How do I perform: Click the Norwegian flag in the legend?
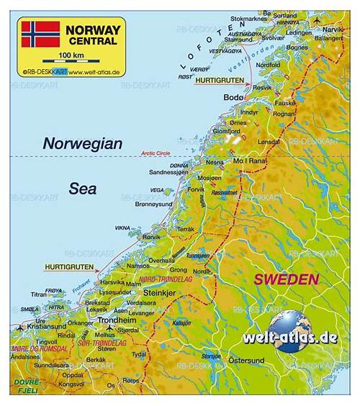[x=40, y=34]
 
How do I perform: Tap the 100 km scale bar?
[x=71, y=62]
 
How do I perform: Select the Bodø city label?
[x=234, y=97]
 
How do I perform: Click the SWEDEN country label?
[x=287, y=279]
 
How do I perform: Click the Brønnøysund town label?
[x=156, y=204]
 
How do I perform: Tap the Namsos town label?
[x=139, y=266]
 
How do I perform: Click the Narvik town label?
[x=333, y=30]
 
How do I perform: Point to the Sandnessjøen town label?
[x=168, y=173]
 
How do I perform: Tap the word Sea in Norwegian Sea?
[x=83, y=189]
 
